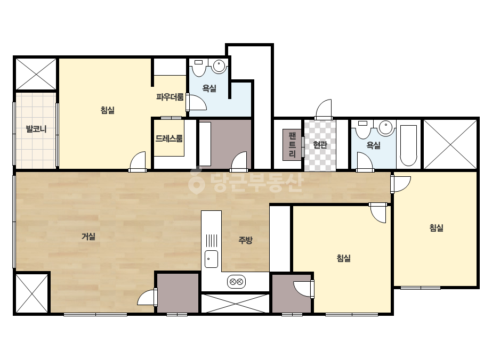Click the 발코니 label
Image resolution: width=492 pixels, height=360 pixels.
(36, 129)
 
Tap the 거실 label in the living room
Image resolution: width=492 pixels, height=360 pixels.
(88, 236)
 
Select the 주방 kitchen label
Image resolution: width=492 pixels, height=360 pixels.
(245, 240)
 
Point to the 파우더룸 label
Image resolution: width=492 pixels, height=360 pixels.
(170, 97)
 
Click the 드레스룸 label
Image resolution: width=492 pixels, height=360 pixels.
(169, 138)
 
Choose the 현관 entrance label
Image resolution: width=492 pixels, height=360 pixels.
(320, 144)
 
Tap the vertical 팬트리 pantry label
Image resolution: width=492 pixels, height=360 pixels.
(292, 145)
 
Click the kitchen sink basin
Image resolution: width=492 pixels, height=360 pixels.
(211, 259)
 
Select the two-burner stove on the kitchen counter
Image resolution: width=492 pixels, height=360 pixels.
(236, 282)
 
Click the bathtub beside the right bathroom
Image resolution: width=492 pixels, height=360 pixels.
(408, 145)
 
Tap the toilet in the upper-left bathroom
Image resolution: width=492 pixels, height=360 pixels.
(199, 68)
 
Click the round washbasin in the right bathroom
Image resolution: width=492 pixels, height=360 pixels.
(385, 128)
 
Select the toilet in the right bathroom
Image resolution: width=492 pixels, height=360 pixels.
(363, 130)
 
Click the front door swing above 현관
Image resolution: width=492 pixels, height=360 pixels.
(324, 110)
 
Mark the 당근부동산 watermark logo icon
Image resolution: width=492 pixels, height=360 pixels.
(196, 181)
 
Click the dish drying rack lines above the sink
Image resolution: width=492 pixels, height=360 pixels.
(212, 241)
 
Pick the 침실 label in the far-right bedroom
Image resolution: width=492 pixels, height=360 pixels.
(436, 228)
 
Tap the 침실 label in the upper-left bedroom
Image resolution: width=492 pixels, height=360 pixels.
(107, 110)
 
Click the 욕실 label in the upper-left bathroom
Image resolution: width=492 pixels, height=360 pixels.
(209, 88)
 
